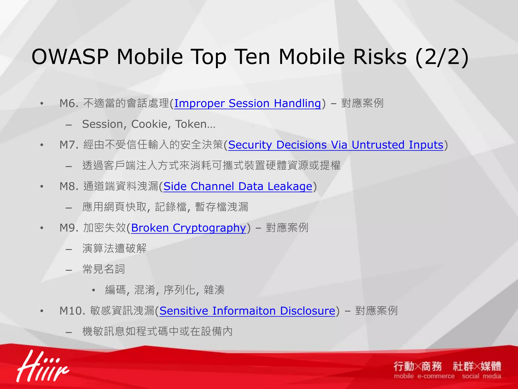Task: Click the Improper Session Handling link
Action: click(x=248, y=104)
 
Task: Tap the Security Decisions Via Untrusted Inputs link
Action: click(x=336, y=145)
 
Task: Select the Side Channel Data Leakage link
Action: click(x=238, y=187)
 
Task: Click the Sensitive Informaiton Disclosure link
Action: click(x=247, y=311)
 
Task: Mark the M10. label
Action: click(x=72, y=311)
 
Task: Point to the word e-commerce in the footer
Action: click(x=436, y=376)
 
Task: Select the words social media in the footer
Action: click(x=481, y=376)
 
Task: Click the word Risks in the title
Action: click(x=379, y=57)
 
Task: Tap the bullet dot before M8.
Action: click(x=42, y=187)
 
